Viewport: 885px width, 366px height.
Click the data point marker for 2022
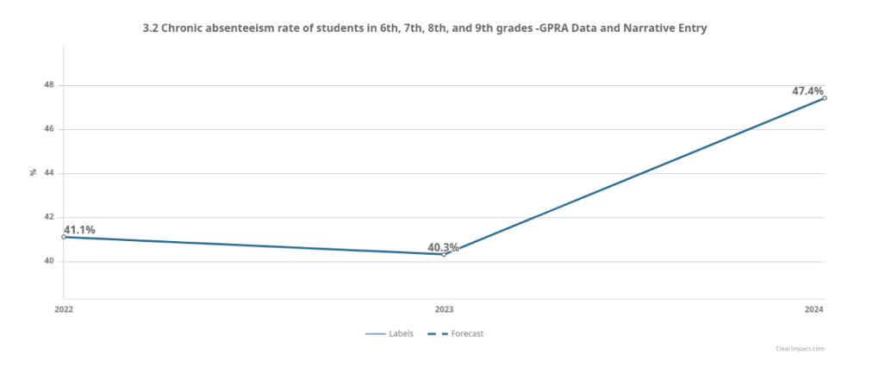(64, 237)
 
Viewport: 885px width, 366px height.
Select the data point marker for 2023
(444, 254)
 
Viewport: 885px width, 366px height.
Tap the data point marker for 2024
(825, 98)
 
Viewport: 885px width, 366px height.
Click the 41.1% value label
(79, 230)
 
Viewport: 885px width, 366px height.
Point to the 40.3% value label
(443, 248)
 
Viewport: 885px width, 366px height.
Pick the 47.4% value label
(807, 91)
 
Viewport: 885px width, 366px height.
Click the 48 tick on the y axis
(49, 85)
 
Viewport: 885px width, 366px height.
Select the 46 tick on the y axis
(49, 129)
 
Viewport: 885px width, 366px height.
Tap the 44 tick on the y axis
(49, 173)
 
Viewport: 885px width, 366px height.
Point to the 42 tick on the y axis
(49, 217)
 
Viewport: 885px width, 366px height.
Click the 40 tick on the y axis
(49, 261)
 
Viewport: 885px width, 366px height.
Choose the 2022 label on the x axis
(64, 308)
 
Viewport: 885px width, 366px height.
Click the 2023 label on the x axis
(444, 308)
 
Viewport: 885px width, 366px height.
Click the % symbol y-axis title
(34, 172)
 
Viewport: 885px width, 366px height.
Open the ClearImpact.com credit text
(799, 349)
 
